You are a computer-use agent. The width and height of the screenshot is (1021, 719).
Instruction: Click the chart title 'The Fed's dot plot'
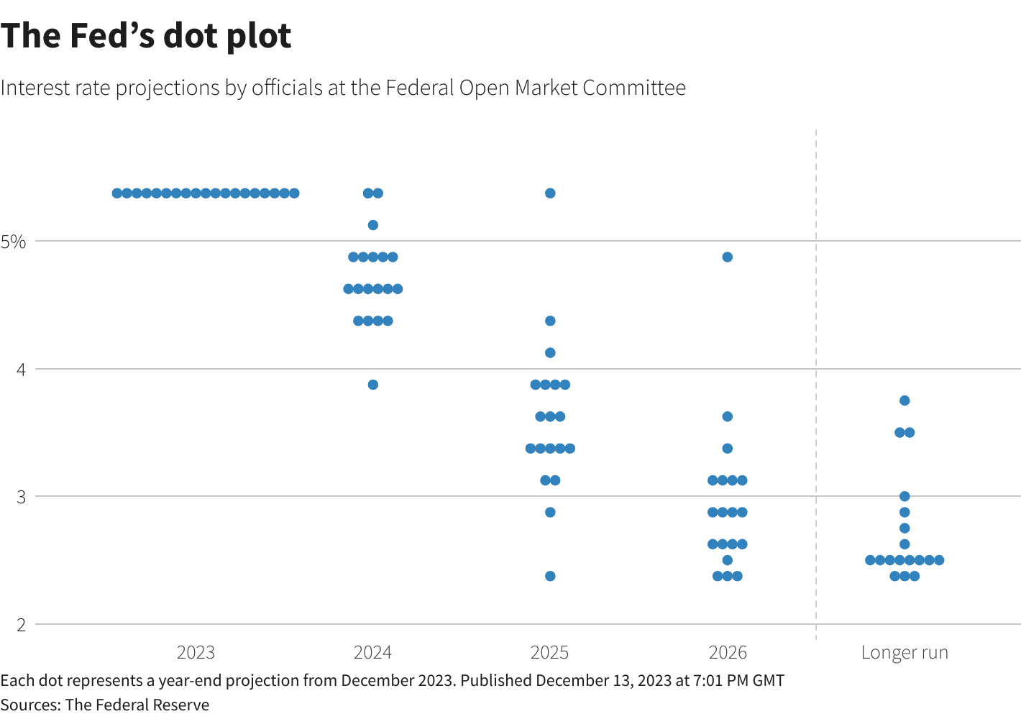pyautogui.click(x=146, y=36)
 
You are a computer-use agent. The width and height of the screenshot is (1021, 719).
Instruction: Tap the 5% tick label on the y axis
pyautogui.click(x=13, y=242)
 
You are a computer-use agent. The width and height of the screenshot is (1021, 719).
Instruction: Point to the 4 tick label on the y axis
pyautogui.click(x=20, y=370)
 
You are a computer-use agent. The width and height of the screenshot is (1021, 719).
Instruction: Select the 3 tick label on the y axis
pyautogui.click(x=20, y=497)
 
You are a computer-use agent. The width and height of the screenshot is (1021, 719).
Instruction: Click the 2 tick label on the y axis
pyautogui.click(x=20, y=625)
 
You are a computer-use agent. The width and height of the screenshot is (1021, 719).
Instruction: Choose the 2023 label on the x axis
pyautogui.click(x=196, y=653)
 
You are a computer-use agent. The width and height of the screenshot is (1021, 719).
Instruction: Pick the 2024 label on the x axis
pyautogui.click(x=372, y=653)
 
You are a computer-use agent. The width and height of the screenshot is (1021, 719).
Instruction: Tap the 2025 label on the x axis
pyautogui.click(x=550, y=653)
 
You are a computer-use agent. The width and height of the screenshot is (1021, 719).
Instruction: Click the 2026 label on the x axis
pyautogui.click(x=728, y=653)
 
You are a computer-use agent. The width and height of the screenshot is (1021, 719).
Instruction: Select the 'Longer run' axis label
pyautogui.click(x=905, y=653)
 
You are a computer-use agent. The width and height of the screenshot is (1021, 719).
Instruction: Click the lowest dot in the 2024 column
pyautogui.click(x=373, y=385)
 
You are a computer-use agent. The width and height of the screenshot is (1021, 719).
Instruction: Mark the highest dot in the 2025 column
pyautogui.click(x=550, y=193)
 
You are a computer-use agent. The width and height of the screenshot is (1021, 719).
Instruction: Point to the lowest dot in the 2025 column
pyautogui.click(x=550, y=576)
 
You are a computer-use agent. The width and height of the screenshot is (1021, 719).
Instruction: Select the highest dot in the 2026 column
pyautogui.click(x=728, y=257)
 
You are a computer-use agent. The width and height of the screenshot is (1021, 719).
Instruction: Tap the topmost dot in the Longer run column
pyautogui.click(x=905, y=400)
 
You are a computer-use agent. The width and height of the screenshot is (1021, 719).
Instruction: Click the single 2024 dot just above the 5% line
pyautogui.click(x=373, y=225)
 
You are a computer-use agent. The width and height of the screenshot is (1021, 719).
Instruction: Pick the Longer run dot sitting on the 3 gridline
pyautogui.click(x=905, y=496)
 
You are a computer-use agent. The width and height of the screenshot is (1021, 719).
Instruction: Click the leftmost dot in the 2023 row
pyautogui.click(x=117, y=193)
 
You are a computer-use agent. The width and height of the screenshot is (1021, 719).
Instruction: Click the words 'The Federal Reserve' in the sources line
pyautogui.click(x=137, y=705)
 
